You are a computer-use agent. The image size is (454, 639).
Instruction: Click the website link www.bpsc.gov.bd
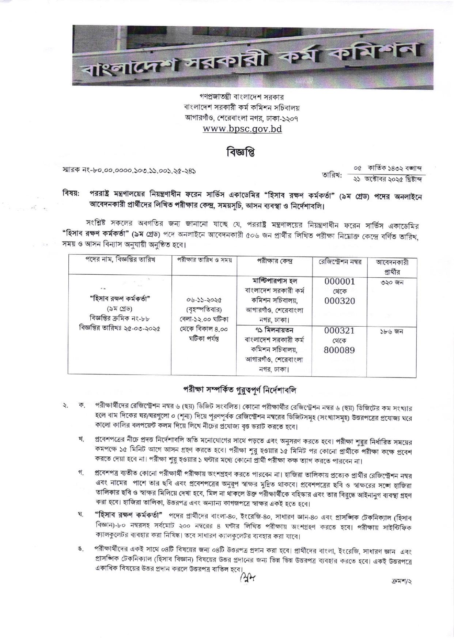[x=242, y=129]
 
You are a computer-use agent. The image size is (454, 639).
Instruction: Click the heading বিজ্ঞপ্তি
[x=239, y=153]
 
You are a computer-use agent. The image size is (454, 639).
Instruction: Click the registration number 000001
[x=340, y=281]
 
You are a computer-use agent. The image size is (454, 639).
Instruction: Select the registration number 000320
[x=340, y=301]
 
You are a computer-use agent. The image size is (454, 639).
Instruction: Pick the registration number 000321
[x=340, y=330]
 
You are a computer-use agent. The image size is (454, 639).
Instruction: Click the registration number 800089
[x=340, y=350]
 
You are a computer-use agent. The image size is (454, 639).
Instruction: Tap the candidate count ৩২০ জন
[x=391, y=282]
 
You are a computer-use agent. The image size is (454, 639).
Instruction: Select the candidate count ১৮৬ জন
[x=391, y=331]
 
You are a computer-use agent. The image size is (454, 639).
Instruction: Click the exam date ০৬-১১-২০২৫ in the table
[x=204, y=300]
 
